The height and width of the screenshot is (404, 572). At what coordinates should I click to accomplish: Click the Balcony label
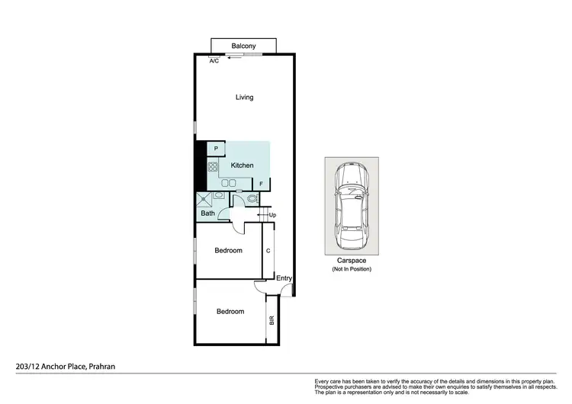tap(244, 46)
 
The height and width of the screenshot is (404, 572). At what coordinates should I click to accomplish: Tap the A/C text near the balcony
tap(214, 61)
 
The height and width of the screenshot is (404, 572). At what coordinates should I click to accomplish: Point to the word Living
tap(244, 98)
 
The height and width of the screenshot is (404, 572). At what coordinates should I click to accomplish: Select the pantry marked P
tap(216, 149)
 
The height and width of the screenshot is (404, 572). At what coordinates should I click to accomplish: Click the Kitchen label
tap(243, 165)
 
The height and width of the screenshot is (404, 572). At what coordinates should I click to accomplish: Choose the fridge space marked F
tap(261, 184)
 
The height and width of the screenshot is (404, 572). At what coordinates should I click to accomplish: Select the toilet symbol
tap(252, 199)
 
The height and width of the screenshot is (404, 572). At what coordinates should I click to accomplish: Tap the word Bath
tap(207, 213)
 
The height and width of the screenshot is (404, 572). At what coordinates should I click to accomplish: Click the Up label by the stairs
tap(272, 216)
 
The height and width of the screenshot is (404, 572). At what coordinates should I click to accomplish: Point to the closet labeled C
tap(268, 251)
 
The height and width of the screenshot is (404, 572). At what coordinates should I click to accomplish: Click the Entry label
tap(284, 278)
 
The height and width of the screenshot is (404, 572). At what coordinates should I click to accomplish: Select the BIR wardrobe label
tap(271, 321)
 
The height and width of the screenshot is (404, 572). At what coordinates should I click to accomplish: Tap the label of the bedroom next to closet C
tap(228, 251)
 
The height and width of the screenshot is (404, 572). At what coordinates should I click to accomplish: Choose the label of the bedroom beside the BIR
tap(230, 312)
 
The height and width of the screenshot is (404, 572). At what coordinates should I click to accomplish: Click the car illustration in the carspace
tap(351, 207)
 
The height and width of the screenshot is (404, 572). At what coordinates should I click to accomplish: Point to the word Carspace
tap(351, 261)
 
